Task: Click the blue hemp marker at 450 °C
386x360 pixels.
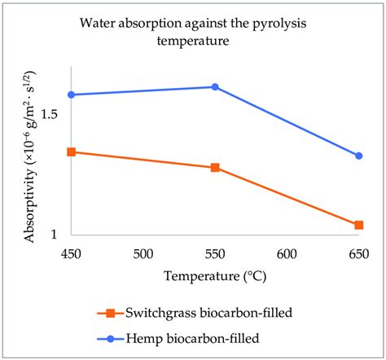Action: click(x=72, y=94)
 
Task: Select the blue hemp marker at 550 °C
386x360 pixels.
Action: click(x=215, y=86)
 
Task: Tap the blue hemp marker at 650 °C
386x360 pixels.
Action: click(x=359, y=156)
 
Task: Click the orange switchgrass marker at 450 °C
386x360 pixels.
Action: click(x=72, y=151)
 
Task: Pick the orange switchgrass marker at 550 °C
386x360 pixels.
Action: click(x=215, y=168)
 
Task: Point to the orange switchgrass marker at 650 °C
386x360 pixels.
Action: click(x=359, y=225)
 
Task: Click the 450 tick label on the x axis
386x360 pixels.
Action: click(x=72, y=254)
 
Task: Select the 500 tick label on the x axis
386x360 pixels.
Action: click(x=143, y=254)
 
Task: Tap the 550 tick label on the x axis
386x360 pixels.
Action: click(x=215, y=254)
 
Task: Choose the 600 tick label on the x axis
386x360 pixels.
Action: click(x=287, y=254)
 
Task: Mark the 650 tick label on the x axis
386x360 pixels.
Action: click(x=358, y=254)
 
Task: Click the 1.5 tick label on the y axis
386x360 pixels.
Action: click(x=50, y=113)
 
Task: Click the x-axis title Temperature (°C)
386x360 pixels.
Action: click(x=216, y=276)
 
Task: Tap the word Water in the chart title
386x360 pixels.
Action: click(x=98, y=23)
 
